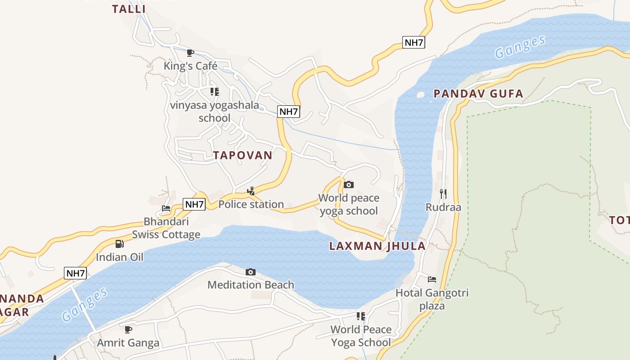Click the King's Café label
click(x=190, y=66)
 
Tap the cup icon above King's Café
click(x=190, y=53)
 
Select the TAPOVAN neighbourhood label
click(x=243, y=155)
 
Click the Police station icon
click(x=251, y=191)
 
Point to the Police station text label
click(x=251, y=204)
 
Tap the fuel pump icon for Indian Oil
click(x=119, y=244)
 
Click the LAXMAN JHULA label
click(x=377, y=246)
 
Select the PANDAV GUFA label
click(x=478, y=94)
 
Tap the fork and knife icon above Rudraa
click(x=443, y=194)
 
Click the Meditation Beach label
click(x=251, y=285)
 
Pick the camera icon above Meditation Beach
click(x=251, y=272)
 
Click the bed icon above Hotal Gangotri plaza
click(x=432, y=279)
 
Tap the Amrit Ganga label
click(x=128, y=343)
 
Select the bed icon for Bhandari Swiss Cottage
click(x=166, y=208)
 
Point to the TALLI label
click(x=129, y=9)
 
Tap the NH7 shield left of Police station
click(x=194, y=204)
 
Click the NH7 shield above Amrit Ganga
click(x=75, y=273)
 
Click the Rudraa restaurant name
click(x=443, y=207)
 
